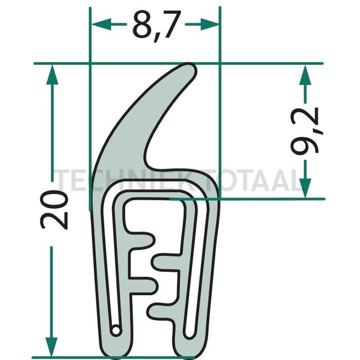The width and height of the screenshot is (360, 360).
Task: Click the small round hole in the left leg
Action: pyautogui.click(x=116, y=331)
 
